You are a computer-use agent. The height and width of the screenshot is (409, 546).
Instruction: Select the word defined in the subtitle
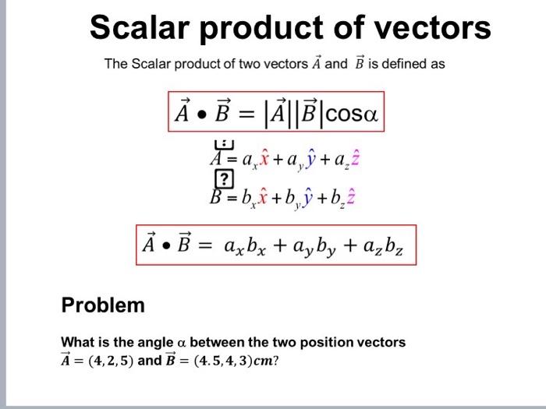tap(418, 64)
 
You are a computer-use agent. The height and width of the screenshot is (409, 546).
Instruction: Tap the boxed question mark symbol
tap(224, 180)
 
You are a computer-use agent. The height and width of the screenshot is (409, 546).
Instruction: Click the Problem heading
tap(103, 305)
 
